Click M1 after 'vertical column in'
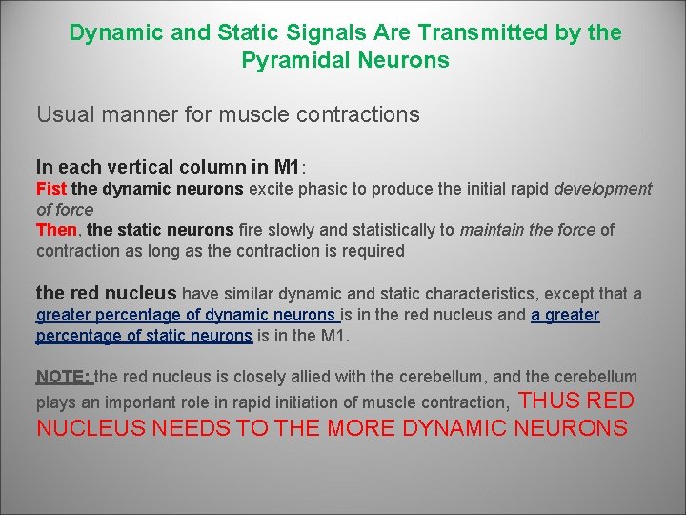point(286,166)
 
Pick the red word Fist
point(51,189)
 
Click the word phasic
point(323,189)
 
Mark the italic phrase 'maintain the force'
point(527,230)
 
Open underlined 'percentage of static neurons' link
point(144,335)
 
